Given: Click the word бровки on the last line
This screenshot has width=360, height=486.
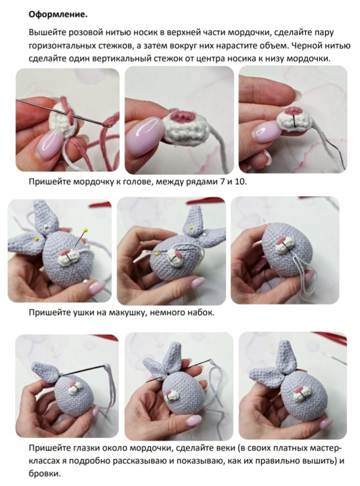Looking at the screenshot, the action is [44, 474].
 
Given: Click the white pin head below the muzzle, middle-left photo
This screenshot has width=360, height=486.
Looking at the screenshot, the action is [85, 281].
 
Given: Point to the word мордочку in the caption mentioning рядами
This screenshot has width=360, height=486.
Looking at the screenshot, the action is [94, 182].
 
